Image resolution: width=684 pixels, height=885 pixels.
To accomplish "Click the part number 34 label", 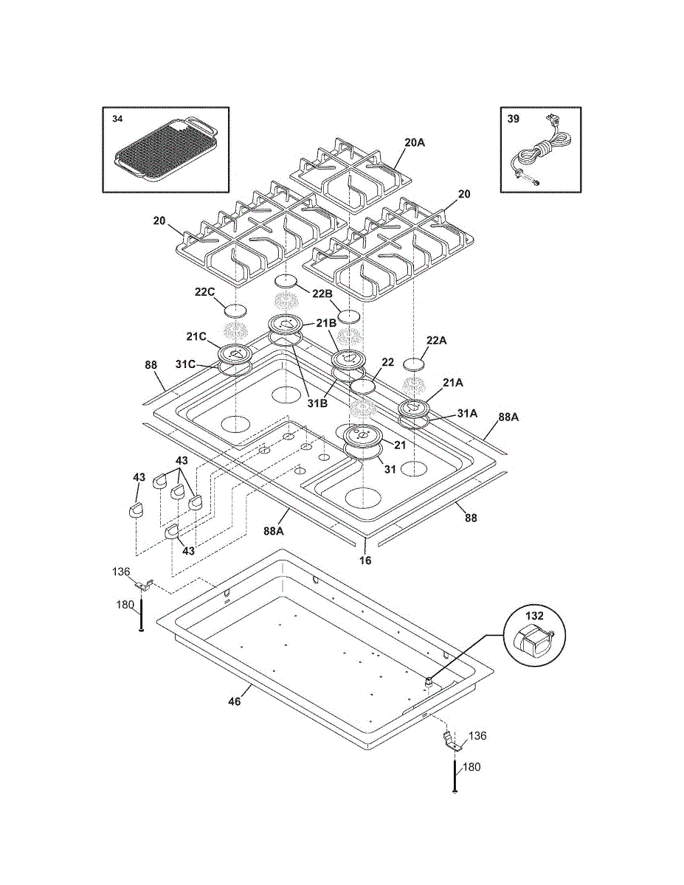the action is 117,119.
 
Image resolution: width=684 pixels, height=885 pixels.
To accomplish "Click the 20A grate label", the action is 415,142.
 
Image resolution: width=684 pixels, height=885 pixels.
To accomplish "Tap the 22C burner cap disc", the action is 235,310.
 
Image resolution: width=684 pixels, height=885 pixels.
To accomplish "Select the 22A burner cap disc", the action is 413,364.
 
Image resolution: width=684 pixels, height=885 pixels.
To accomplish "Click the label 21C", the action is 196,337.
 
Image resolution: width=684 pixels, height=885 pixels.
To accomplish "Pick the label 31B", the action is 318,404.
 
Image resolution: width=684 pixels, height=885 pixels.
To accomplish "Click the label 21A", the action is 453,383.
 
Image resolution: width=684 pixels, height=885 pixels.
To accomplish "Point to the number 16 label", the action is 365,560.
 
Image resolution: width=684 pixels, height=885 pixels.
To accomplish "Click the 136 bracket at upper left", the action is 144,586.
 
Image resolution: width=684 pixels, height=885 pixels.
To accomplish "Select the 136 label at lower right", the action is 477,736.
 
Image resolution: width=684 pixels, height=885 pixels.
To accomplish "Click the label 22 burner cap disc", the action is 362,386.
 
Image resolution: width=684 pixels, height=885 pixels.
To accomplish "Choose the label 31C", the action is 185,364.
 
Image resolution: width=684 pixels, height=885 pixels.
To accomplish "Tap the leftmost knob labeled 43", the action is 136,510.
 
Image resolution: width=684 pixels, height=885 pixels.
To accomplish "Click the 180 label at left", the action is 125,605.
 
